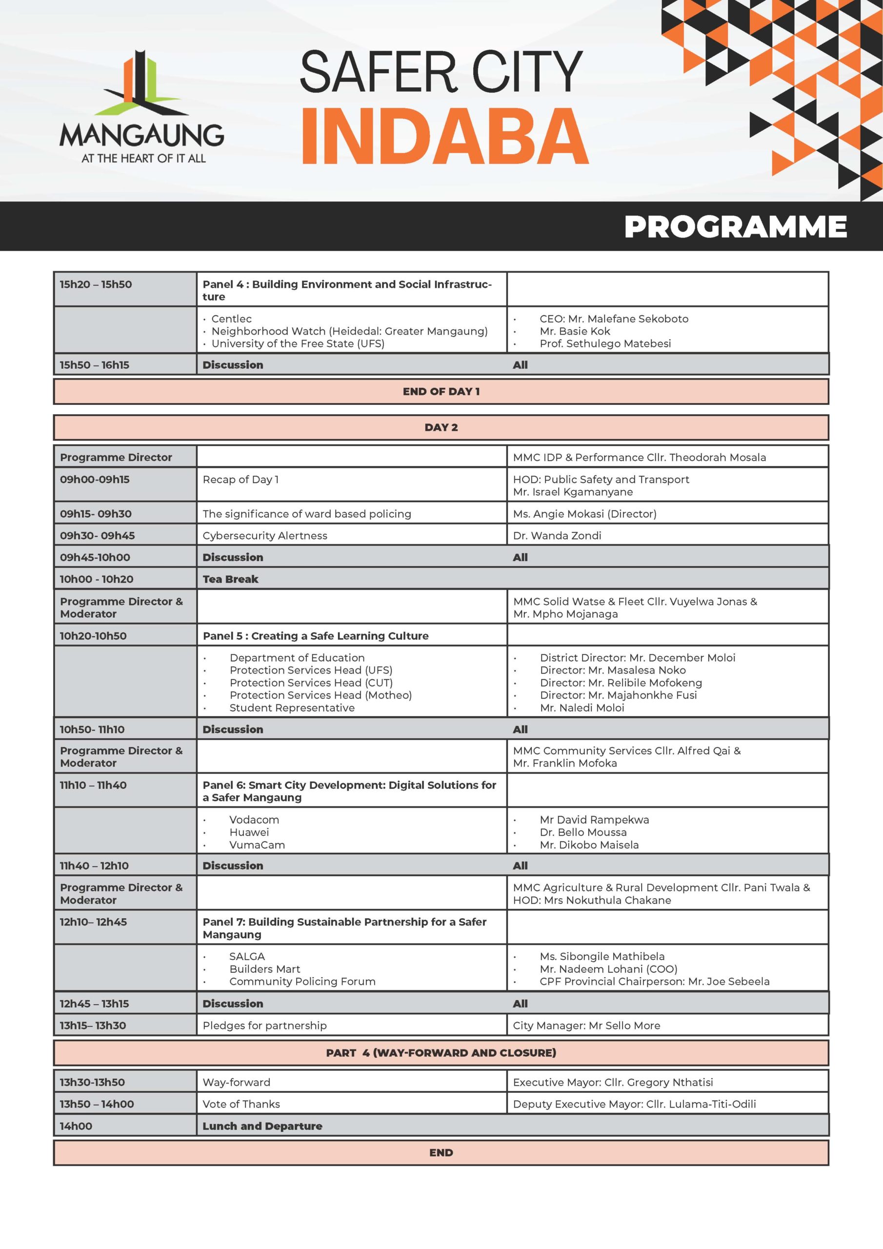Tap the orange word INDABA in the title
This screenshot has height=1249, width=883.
[444, 136]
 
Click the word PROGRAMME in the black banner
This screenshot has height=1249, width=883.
[735, 226]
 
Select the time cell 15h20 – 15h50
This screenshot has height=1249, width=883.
[96, 284]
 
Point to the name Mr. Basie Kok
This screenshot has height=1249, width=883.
[575, 331]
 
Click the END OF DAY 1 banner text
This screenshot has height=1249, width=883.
[441, 391]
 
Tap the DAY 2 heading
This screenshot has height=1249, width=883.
[441, 427]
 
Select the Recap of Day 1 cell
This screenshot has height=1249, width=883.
[241, 479]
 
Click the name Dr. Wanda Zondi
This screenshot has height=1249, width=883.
[557, 535]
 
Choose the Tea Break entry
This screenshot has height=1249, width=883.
[230, 579]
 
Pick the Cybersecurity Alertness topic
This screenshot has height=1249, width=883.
[265, 535]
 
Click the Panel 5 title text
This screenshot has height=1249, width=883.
[316, 635]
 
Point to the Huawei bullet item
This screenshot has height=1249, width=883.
[249, 832]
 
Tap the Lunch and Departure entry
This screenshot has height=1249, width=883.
[262, 1126]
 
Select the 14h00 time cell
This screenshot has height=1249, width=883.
[76, 1126]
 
